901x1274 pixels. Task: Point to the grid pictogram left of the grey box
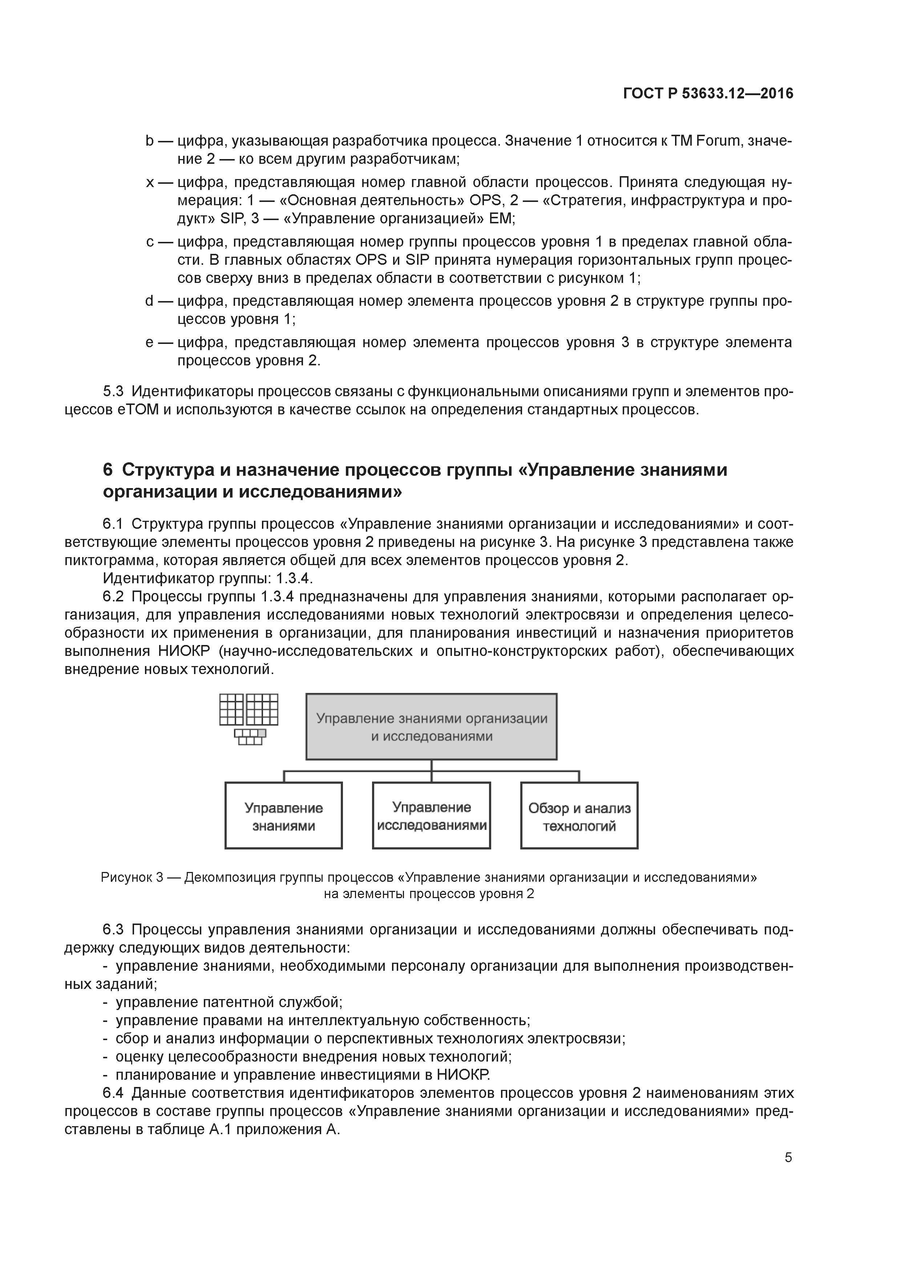[249, 719]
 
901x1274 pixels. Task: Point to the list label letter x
[149, 183]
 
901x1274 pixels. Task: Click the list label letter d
[149, 301]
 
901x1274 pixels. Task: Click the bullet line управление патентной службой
[229, 1002]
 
